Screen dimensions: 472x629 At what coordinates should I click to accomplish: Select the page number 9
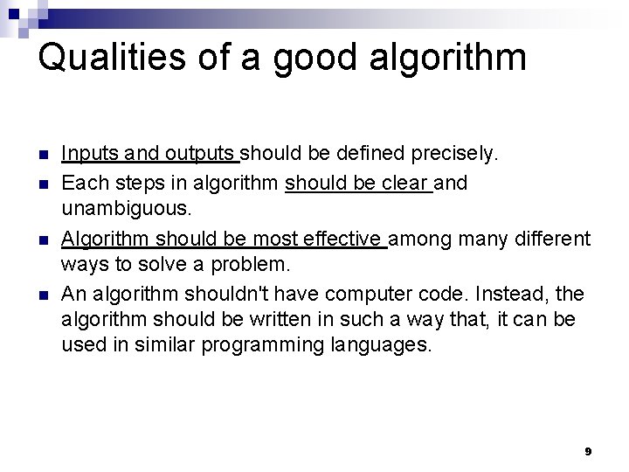click(x=588, y=451)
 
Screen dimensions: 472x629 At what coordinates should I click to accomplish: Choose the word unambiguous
click(x=124, y=210)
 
